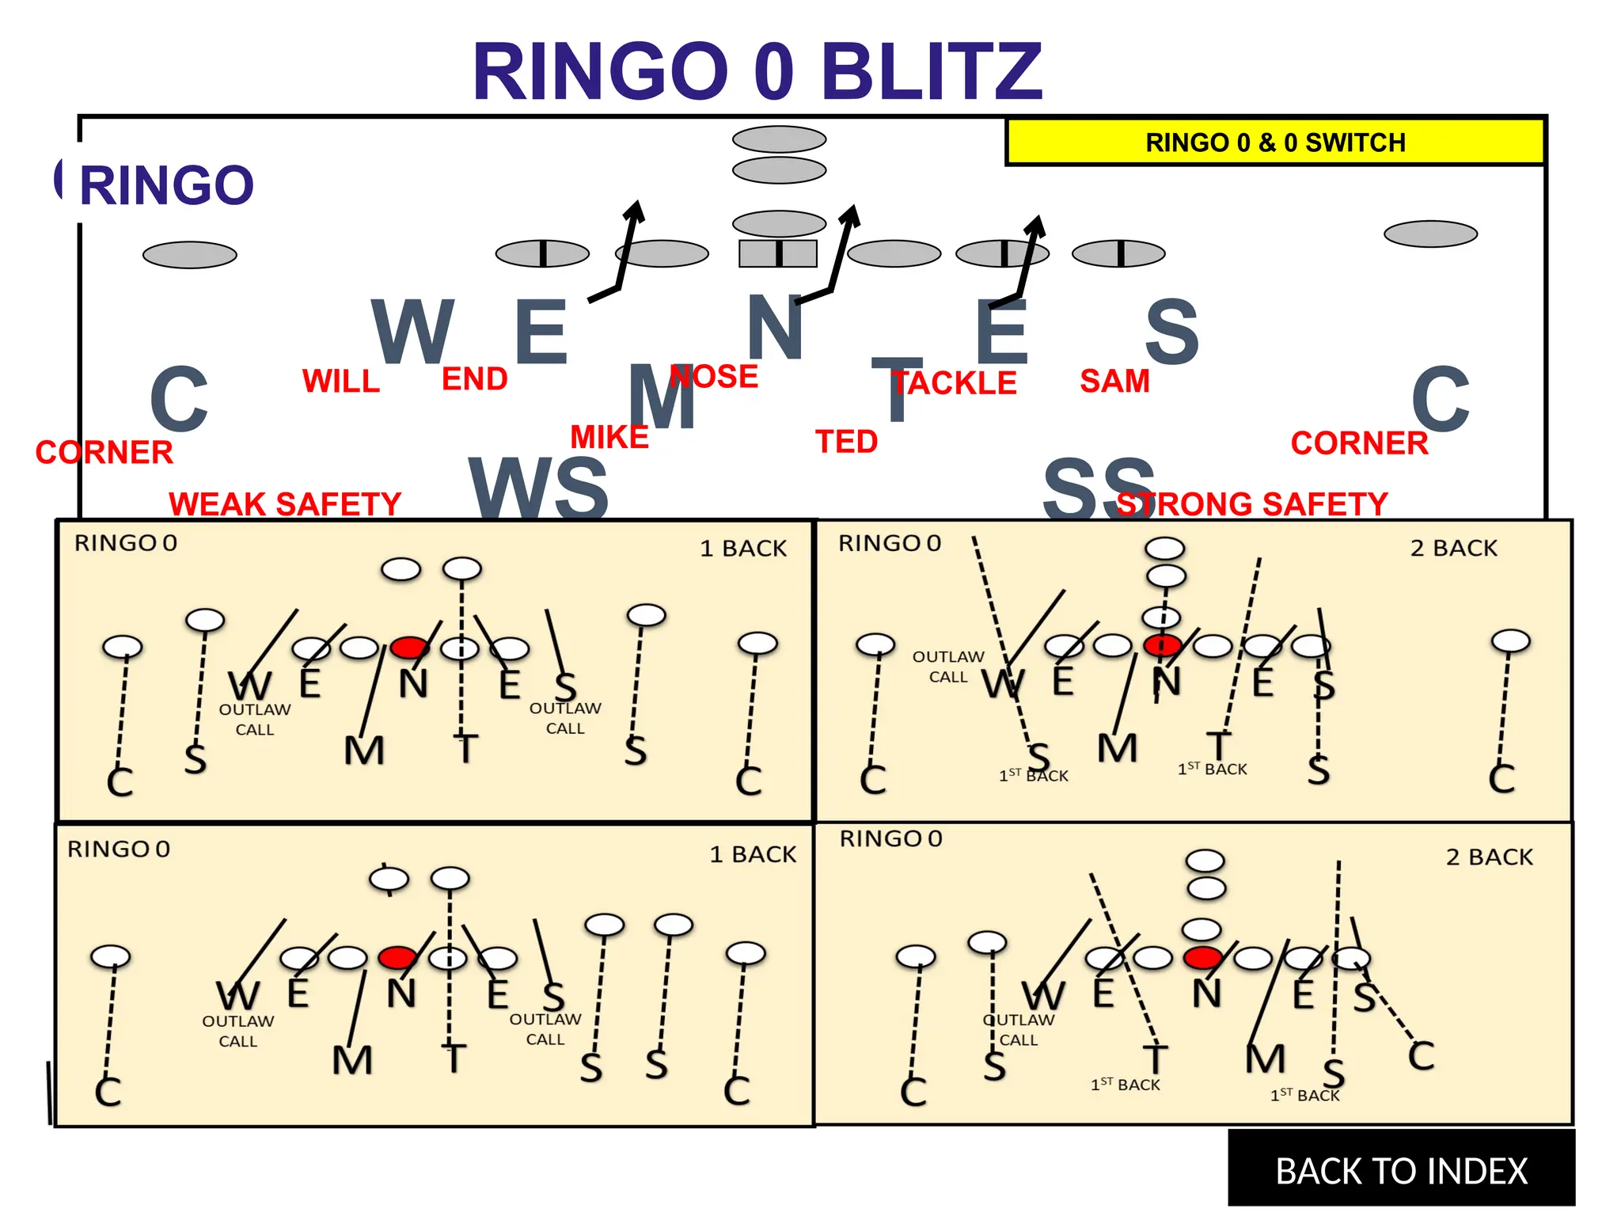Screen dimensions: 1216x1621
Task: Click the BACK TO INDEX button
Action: tap(1401, 1170)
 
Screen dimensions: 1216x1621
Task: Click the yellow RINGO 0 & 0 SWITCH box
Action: tap(1275, 142)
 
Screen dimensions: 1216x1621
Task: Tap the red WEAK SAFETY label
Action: tap(285, 503)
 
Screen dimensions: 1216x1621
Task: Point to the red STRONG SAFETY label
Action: tap(1252, 503)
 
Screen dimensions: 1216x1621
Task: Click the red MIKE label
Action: tap(609, 437)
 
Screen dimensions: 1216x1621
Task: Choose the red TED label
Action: tap(847, 442)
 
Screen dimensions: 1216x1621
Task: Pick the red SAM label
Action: tap(1114, 382)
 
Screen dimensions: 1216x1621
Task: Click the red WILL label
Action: tap(341, 382)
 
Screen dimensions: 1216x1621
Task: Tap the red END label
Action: tap(474, 379)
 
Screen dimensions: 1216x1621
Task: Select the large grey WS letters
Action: tap(538, 488)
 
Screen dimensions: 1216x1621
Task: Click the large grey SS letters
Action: tap(1099, 488)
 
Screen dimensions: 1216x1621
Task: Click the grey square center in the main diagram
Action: tap(778, 253)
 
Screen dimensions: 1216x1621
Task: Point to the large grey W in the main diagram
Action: tap(412, 331)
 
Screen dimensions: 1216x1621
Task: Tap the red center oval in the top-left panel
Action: tap(409, 648)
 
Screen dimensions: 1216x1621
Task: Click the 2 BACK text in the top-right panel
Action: tap(1453, 548)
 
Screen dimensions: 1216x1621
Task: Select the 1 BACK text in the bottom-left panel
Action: tap(753, 854)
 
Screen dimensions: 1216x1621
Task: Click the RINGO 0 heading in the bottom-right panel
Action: tap(890, 838)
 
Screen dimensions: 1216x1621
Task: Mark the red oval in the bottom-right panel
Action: tap(1202, 957)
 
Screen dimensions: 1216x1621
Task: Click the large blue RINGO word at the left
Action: tap(167, 185)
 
